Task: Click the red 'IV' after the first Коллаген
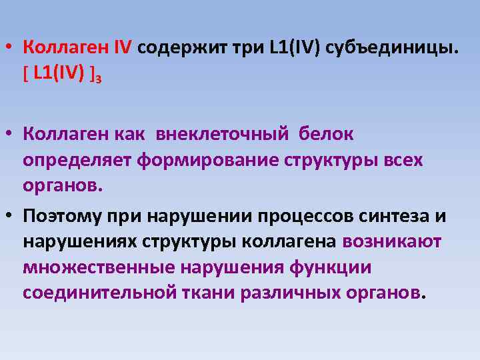(123, 48)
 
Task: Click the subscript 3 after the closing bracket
(98, 78)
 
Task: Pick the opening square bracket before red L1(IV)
(25, 73)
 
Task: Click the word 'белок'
(326, 134)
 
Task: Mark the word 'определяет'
(78, 160)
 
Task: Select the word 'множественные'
(98, 268)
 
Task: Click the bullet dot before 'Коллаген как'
(12, 134)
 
